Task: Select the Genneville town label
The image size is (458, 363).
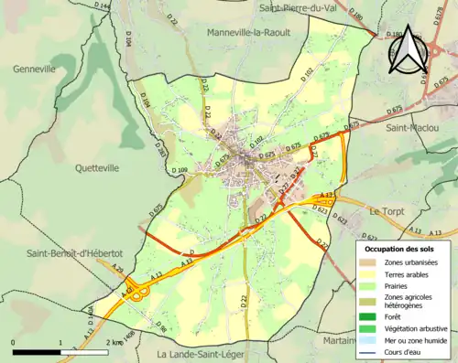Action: (35, 69)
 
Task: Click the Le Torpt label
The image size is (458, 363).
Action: (386, 211)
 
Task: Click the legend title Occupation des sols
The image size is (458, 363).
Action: (399, 249)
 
